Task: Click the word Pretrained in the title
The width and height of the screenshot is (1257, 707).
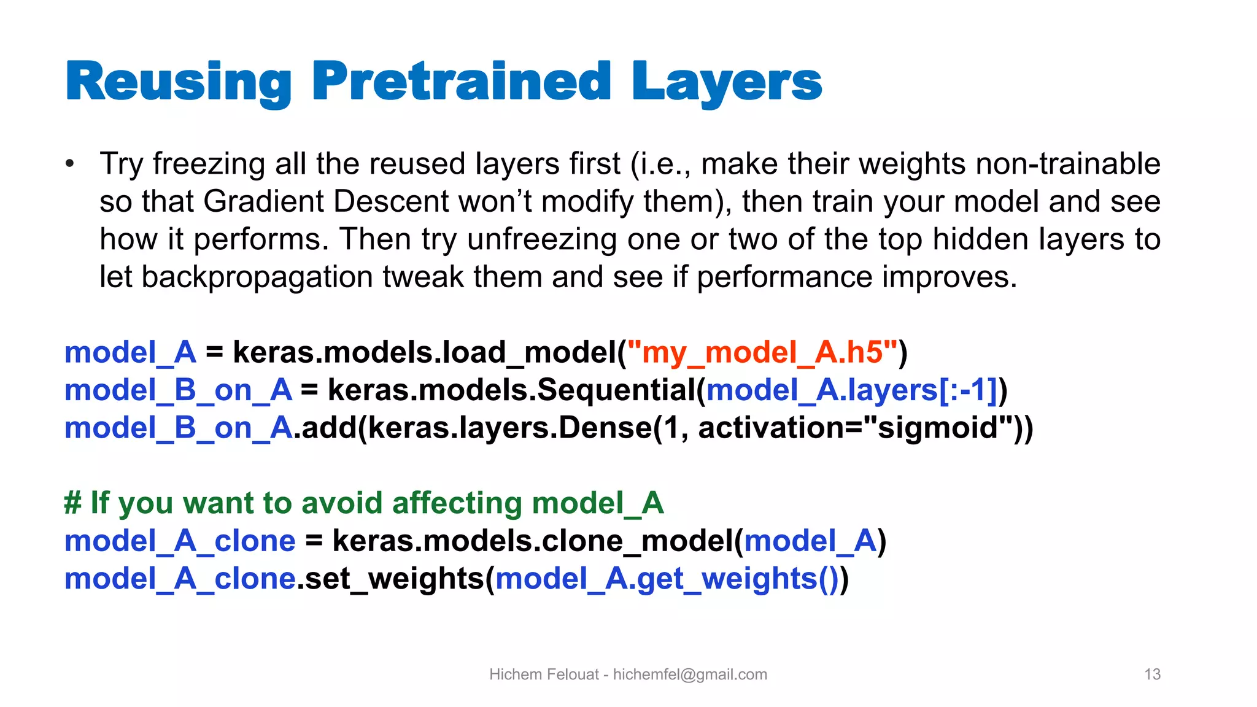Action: [461, 81]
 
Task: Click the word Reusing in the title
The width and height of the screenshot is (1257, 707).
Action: [178, 82]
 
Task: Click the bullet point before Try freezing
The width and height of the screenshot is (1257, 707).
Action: [71, 164]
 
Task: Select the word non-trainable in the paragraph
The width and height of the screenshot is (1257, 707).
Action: [1067, 164]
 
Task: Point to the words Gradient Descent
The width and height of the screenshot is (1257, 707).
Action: [326, 201]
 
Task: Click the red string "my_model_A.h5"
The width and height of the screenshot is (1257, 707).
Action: [762, 352]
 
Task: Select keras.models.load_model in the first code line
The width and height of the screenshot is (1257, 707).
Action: [424, 352]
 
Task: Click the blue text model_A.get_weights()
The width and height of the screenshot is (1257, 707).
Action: [667, 579]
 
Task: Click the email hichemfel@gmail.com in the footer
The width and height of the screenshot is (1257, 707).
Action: [690, 674]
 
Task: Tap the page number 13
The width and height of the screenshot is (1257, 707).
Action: [1152, 674]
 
